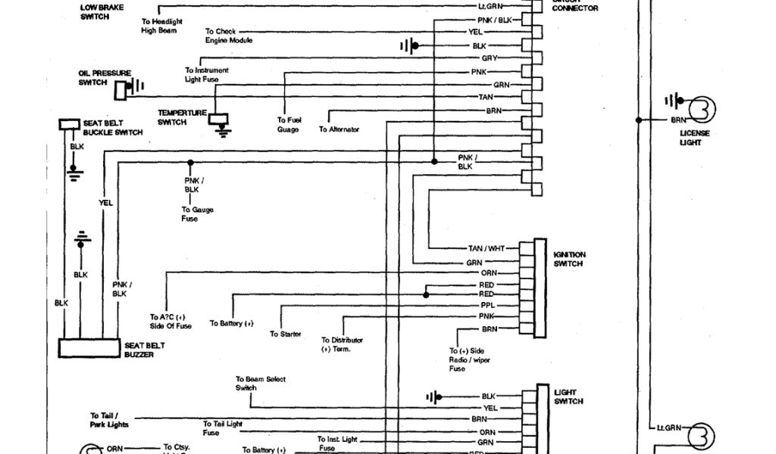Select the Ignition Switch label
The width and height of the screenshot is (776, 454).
tap(569, 259)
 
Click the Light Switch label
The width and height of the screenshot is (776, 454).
tap(568, 396)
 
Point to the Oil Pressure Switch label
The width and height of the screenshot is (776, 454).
tap(105, 78)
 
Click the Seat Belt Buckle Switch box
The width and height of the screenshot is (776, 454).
tap(70, 124)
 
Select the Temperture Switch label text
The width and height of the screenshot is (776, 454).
tap(182, 117)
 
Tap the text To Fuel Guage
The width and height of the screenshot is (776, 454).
tap(288, 125)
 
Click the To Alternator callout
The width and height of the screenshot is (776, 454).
tap(339, 129)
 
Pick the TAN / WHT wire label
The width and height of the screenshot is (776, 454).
tap(486, 248)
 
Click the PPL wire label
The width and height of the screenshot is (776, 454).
tap(487, 305)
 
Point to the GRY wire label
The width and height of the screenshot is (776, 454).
tap(489, 58)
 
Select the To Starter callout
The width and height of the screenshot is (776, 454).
tap(285, 334)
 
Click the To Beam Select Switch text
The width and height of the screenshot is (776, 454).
tap(260, 384)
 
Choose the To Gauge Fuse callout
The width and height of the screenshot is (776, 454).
tap(189, 214)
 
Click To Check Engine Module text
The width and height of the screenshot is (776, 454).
tap(228, 36)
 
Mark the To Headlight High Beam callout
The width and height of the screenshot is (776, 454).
tap(161, 26)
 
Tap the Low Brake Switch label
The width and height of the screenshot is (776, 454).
tap(102, 11)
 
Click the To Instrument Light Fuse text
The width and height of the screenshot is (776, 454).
tap(207, 75)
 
